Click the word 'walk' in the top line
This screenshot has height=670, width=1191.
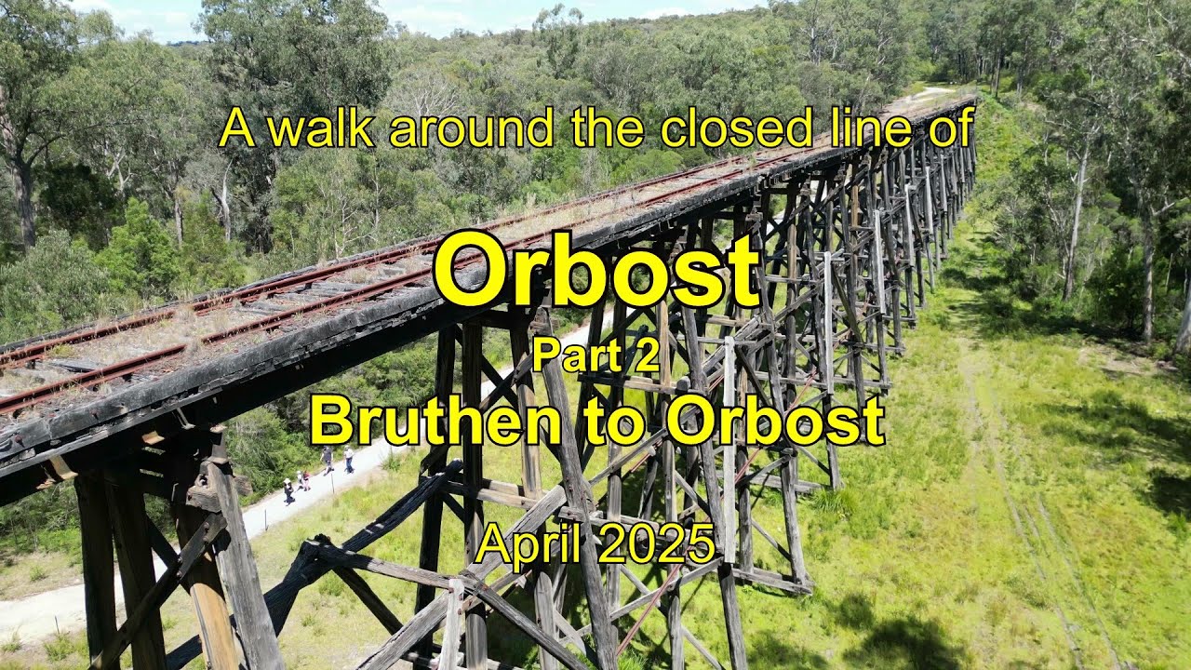pos(320,128)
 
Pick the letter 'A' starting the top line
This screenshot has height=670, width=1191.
pos(236,129)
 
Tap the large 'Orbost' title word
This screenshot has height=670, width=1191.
pos(596,271)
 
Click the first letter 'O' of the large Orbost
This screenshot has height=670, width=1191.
pos(470,271)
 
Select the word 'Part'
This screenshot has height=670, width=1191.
pos(570,356)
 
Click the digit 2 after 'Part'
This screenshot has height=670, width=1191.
pos(649,356)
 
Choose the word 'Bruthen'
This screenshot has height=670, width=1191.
pos(435,421)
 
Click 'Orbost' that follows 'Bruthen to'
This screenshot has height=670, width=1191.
pos(775,421)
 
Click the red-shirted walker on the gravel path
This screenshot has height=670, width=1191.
pos(306,479)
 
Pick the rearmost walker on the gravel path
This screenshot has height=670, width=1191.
pos(288,490)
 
